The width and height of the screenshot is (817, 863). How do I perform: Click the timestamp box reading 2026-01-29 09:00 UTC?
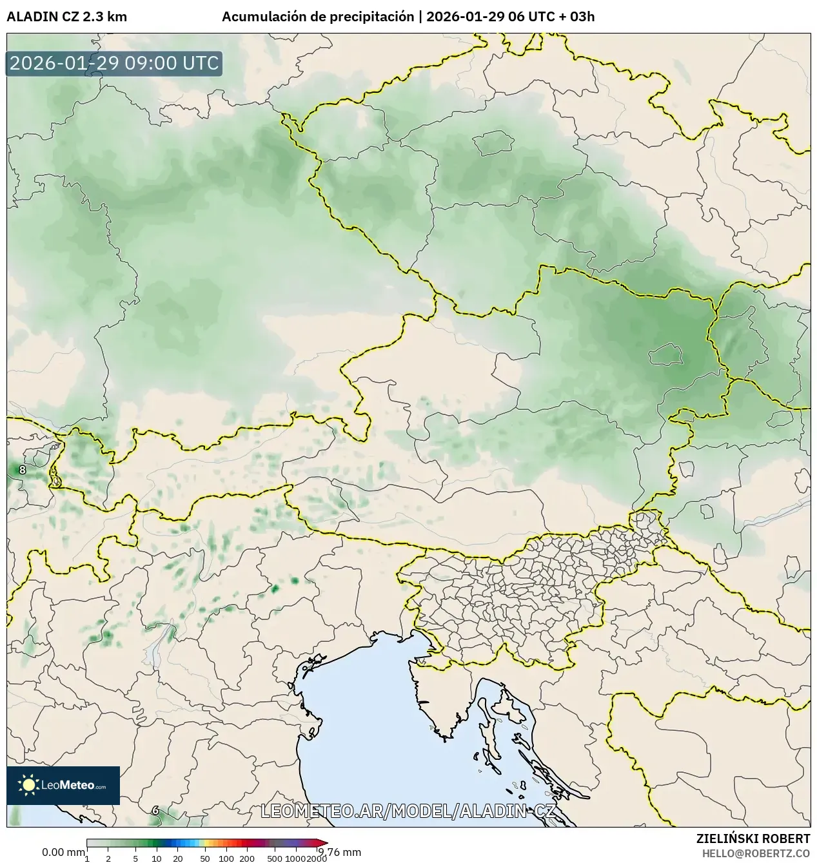(114, 63)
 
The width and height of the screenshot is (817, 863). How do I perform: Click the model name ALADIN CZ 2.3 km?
(67, 17)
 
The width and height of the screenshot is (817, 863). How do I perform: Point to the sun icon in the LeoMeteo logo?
(28, 784)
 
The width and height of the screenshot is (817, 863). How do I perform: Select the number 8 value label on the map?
(23, 470)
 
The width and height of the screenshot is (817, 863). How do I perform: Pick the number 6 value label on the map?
(155, 810)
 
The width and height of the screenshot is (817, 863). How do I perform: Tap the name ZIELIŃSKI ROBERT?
(753, 839)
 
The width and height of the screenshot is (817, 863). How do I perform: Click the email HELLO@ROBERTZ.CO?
(756, 853)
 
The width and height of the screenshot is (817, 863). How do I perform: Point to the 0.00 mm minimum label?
(63, 852)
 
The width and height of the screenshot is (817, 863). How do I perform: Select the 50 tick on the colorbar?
(205, 858)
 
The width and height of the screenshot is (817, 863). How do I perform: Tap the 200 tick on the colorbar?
(247, 858)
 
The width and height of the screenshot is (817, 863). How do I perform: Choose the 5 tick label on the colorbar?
(135, 858)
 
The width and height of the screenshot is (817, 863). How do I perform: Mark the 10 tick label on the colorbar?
(157, 858)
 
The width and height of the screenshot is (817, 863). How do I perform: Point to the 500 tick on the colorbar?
(275, 858)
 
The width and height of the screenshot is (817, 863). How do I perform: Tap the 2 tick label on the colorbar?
(108, 858)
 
